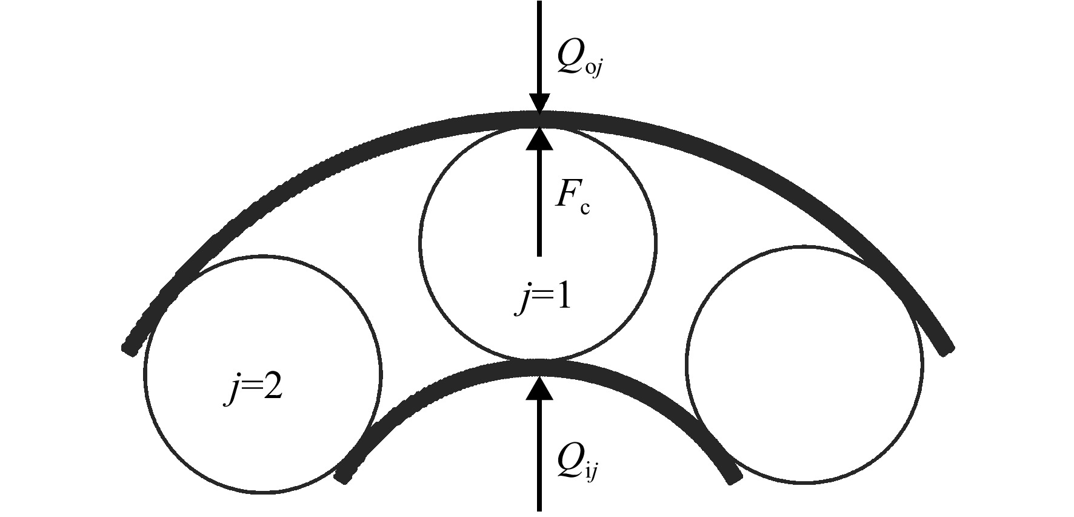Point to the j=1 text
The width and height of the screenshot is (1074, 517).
[x=544, y=299]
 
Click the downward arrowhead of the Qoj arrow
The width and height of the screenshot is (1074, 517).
[x=538, y=103]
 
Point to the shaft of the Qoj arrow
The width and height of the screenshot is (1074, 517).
[x=538, y=47]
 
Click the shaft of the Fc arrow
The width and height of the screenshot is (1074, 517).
[x=538, y=203]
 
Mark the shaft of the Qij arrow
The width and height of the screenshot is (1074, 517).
[x=538, y=455]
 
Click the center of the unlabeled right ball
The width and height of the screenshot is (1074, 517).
[x=805, y=364]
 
